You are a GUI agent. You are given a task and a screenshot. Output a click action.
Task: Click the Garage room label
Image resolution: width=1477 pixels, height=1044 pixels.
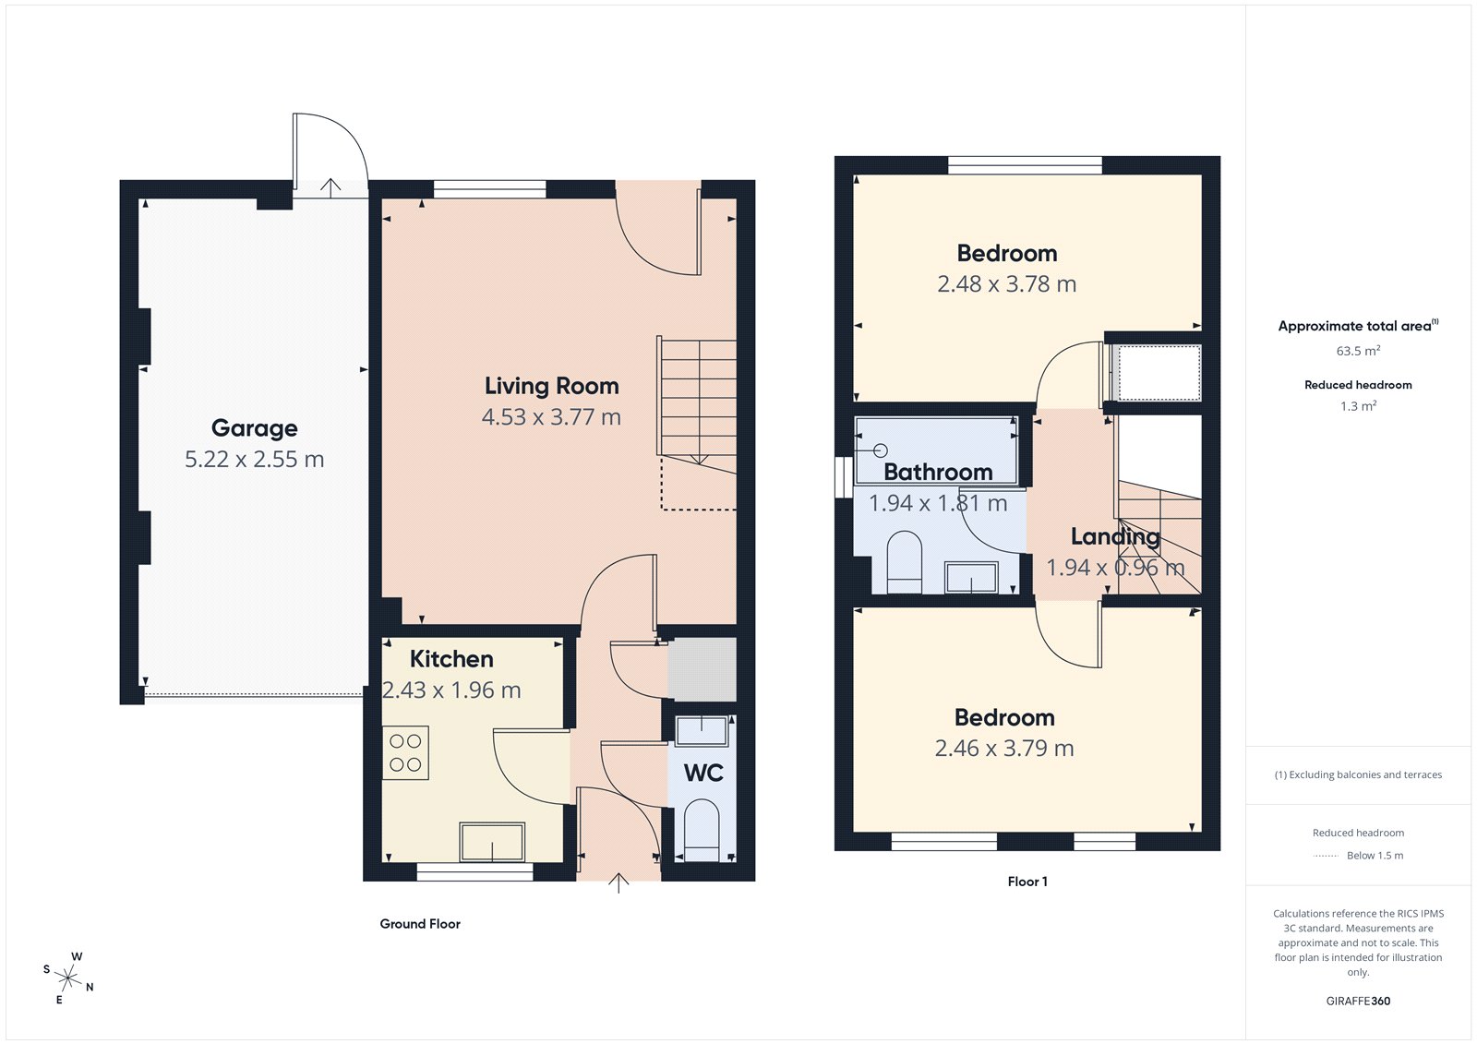(254, 428)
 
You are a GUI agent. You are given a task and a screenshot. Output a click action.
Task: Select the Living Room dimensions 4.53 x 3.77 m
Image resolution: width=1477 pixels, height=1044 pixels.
(551, 417)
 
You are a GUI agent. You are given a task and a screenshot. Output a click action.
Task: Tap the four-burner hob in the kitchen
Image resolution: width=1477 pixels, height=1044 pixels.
(405, 753)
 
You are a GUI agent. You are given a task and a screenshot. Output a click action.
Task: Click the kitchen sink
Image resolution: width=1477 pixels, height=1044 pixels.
(492, 842)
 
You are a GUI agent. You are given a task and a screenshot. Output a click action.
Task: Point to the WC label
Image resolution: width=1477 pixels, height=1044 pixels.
(703, 773)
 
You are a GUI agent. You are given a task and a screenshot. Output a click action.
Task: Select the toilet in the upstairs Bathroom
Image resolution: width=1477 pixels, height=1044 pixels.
(904, 562)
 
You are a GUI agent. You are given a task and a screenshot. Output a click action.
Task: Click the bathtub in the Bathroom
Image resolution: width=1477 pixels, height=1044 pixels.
(936, 450)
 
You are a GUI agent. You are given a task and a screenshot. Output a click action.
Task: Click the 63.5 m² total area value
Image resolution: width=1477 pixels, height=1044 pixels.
(1358, 351)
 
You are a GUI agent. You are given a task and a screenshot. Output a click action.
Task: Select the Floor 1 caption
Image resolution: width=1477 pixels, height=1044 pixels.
(1027, 882)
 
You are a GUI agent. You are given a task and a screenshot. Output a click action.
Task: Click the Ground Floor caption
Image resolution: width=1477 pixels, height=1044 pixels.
(420, 924)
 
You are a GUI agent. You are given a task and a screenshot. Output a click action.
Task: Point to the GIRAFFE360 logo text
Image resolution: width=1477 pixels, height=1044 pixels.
(1358, 1001)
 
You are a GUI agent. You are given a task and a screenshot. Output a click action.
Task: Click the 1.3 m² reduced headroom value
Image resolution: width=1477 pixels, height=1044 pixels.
(1358, 406)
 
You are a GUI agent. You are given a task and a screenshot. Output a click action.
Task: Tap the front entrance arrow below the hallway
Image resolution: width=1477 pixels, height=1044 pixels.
(618, 883)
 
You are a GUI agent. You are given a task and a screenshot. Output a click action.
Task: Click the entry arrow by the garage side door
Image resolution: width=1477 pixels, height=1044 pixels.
(330, 186)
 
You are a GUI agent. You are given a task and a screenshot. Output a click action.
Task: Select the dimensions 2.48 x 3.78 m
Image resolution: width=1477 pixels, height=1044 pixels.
(1006, 284)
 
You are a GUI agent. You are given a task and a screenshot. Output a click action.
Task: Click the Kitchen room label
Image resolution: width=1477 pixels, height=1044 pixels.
(451, 659)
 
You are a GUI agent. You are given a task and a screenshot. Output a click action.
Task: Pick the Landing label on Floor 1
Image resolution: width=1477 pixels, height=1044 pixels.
(1115, 536)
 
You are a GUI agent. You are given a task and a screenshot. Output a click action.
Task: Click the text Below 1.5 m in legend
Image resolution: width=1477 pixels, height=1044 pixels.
(1375, 856)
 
